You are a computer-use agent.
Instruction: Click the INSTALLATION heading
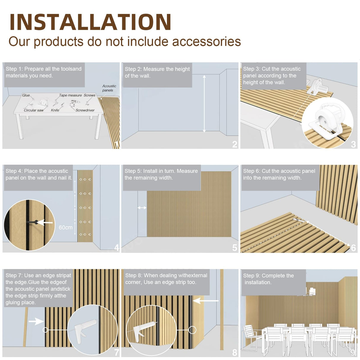(x=90, y=22)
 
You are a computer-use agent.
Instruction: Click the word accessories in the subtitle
(x=206, y=42)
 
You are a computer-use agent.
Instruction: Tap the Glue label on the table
(x=26, y=95)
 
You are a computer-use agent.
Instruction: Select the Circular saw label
(x=34, y=110)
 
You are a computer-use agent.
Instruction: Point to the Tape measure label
(x=71, y=95)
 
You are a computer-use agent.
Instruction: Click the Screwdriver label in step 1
(x=85, y=110)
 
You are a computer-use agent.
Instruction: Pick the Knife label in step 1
(x=55, y=110)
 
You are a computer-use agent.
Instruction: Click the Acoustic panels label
(x=109, y=88)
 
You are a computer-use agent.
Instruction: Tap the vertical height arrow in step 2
(x=204, y=104)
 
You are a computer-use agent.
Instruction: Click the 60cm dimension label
(x=66, y=227)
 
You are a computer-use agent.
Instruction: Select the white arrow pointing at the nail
(x=45, y=222)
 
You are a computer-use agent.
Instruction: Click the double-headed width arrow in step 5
(x=142, y=208)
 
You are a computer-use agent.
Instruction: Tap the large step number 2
(x=235, y=144)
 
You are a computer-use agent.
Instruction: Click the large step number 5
(x=235, y=248)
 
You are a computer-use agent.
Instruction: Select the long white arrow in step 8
(x=206, y=301)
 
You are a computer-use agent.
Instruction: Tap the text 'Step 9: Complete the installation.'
(x=268, y=279)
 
